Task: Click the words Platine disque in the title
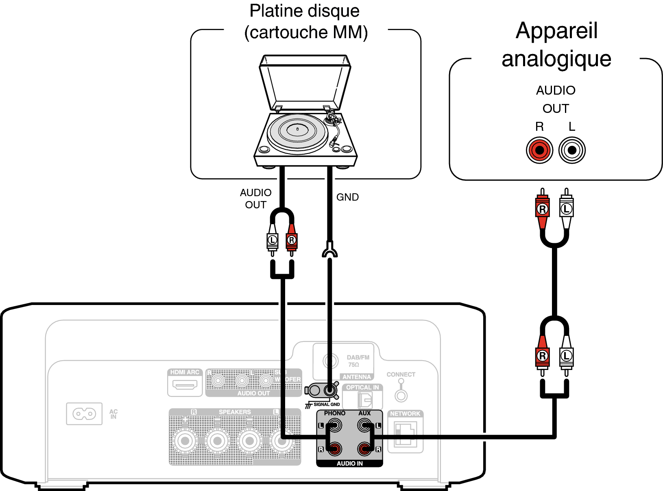pyautogui.click(x=305, y=11)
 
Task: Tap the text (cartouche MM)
pyautogui.click(x=306, y=32)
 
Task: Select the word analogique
pyautogui.click(x=556, y=58)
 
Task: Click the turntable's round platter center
pyautogui.click(x=297, y=130)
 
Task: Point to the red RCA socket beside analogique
pyautogui.click(x=539, y=150)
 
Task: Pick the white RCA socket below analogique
pyautogui.click(x=572, y=150)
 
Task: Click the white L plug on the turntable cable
pyautogui.click(x=273, y=240)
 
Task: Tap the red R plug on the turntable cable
pyautogui.click(x=292, y=240)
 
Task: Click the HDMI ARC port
pyautogui.click(x=185, y=384)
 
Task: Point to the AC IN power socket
pyautogui.click(x=84, y=414)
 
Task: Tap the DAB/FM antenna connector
pyautogui.click(x=330, y=360)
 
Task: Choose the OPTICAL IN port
pyautogui.click(x=365, y=400)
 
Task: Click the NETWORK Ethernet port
pyautogui.click(x=406, y=434)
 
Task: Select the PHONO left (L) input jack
pyautogui.click(x=334, y=426)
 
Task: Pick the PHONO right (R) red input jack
pyautogui.click(x=334, y=449)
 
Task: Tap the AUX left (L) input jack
pyautogui.click(x=364, y=426)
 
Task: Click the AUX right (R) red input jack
pyautogui.click(x=364, y=449)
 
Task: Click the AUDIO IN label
pyautogui.click(x=349, y=463)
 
